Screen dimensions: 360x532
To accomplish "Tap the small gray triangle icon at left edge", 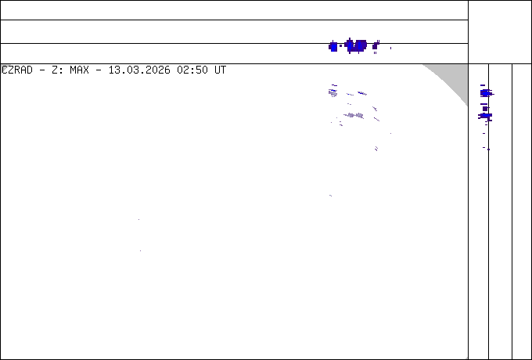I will (5, 68).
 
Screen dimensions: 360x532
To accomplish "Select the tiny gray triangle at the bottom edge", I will (466, 358).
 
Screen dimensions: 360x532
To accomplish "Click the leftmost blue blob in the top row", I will (333, 46).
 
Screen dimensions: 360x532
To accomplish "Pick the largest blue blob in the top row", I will (356, 45).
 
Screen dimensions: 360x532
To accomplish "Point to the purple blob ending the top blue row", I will (376, 46).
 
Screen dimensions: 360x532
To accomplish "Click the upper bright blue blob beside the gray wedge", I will (485, 93).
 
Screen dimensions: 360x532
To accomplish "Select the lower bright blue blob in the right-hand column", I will (485, 116).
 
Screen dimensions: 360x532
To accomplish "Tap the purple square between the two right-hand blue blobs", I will (485, 107).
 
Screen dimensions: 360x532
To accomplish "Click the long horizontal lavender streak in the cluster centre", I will (354, 115).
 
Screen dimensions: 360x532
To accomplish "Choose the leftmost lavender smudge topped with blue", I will (333, 92).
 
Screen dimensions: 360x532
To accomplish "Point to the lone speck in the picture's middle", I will (330, 196).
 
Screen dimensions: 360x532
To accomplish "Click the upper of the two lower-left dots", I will (139, 221).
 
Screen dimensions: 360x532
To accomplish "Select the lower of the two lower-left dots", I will (140, 251).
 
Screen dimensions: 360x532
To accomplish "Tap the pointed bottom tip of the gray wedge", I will (467, 105).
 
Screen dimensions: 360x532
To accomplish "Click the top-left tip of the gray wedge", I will (424, 65).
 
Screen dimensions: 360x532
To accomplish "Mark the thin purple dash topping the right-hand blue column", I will (483, 85).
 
